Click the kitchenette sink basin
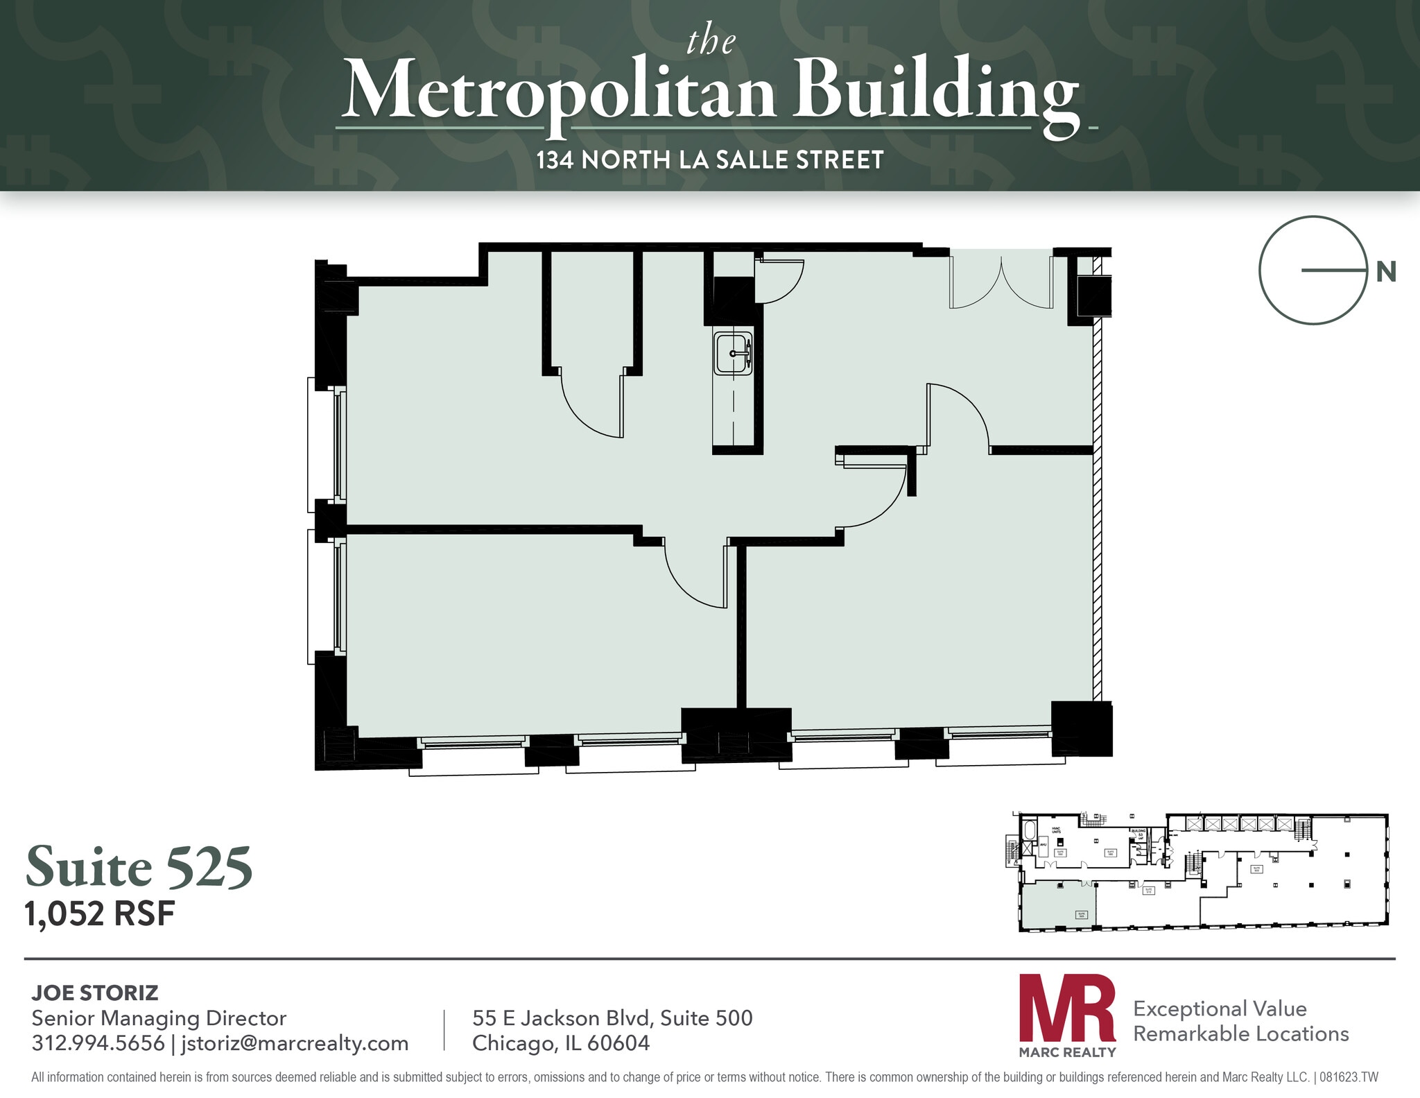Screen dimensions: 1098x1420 pyautogui.click(x=733, y=353)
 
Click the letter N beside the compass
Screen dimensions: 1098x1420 pyautogui.click(x=1385, y=273)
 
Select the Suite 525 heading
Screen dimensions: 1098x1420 pyautogui.click(x=139, y=867)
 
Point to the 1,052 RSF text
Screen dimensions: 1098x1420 pyautogui.click(x=100, y=914)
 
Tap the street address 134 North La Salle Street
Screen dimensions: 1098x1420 pyautogui.click(x=710, y=160)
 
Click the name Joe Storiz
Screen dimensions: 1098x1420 pyautogui.click(x=95, y=993)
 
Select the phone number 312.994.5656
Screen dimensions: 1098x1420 pyautogui.click(x=98, y=1043)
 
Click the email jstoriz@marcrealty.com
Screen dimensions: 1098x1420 pyautogui.click(x=295, y=1043)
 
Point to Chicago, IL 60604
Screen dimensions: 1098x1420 pyautogui.click(x=561, y=1043)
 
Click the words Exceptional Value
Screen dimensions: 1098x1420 pyautogui.click(x=1220, y=1009)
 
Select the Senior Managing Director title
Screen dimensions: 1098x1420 pyautogui.click(x=159, y=1018)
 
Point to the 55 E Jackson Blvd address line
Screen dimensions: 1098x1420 pyautogui.click(x=612, y=1018)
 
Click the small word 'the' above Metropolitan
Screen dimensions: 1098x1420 pyautogui.click(x=711, y=43)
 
